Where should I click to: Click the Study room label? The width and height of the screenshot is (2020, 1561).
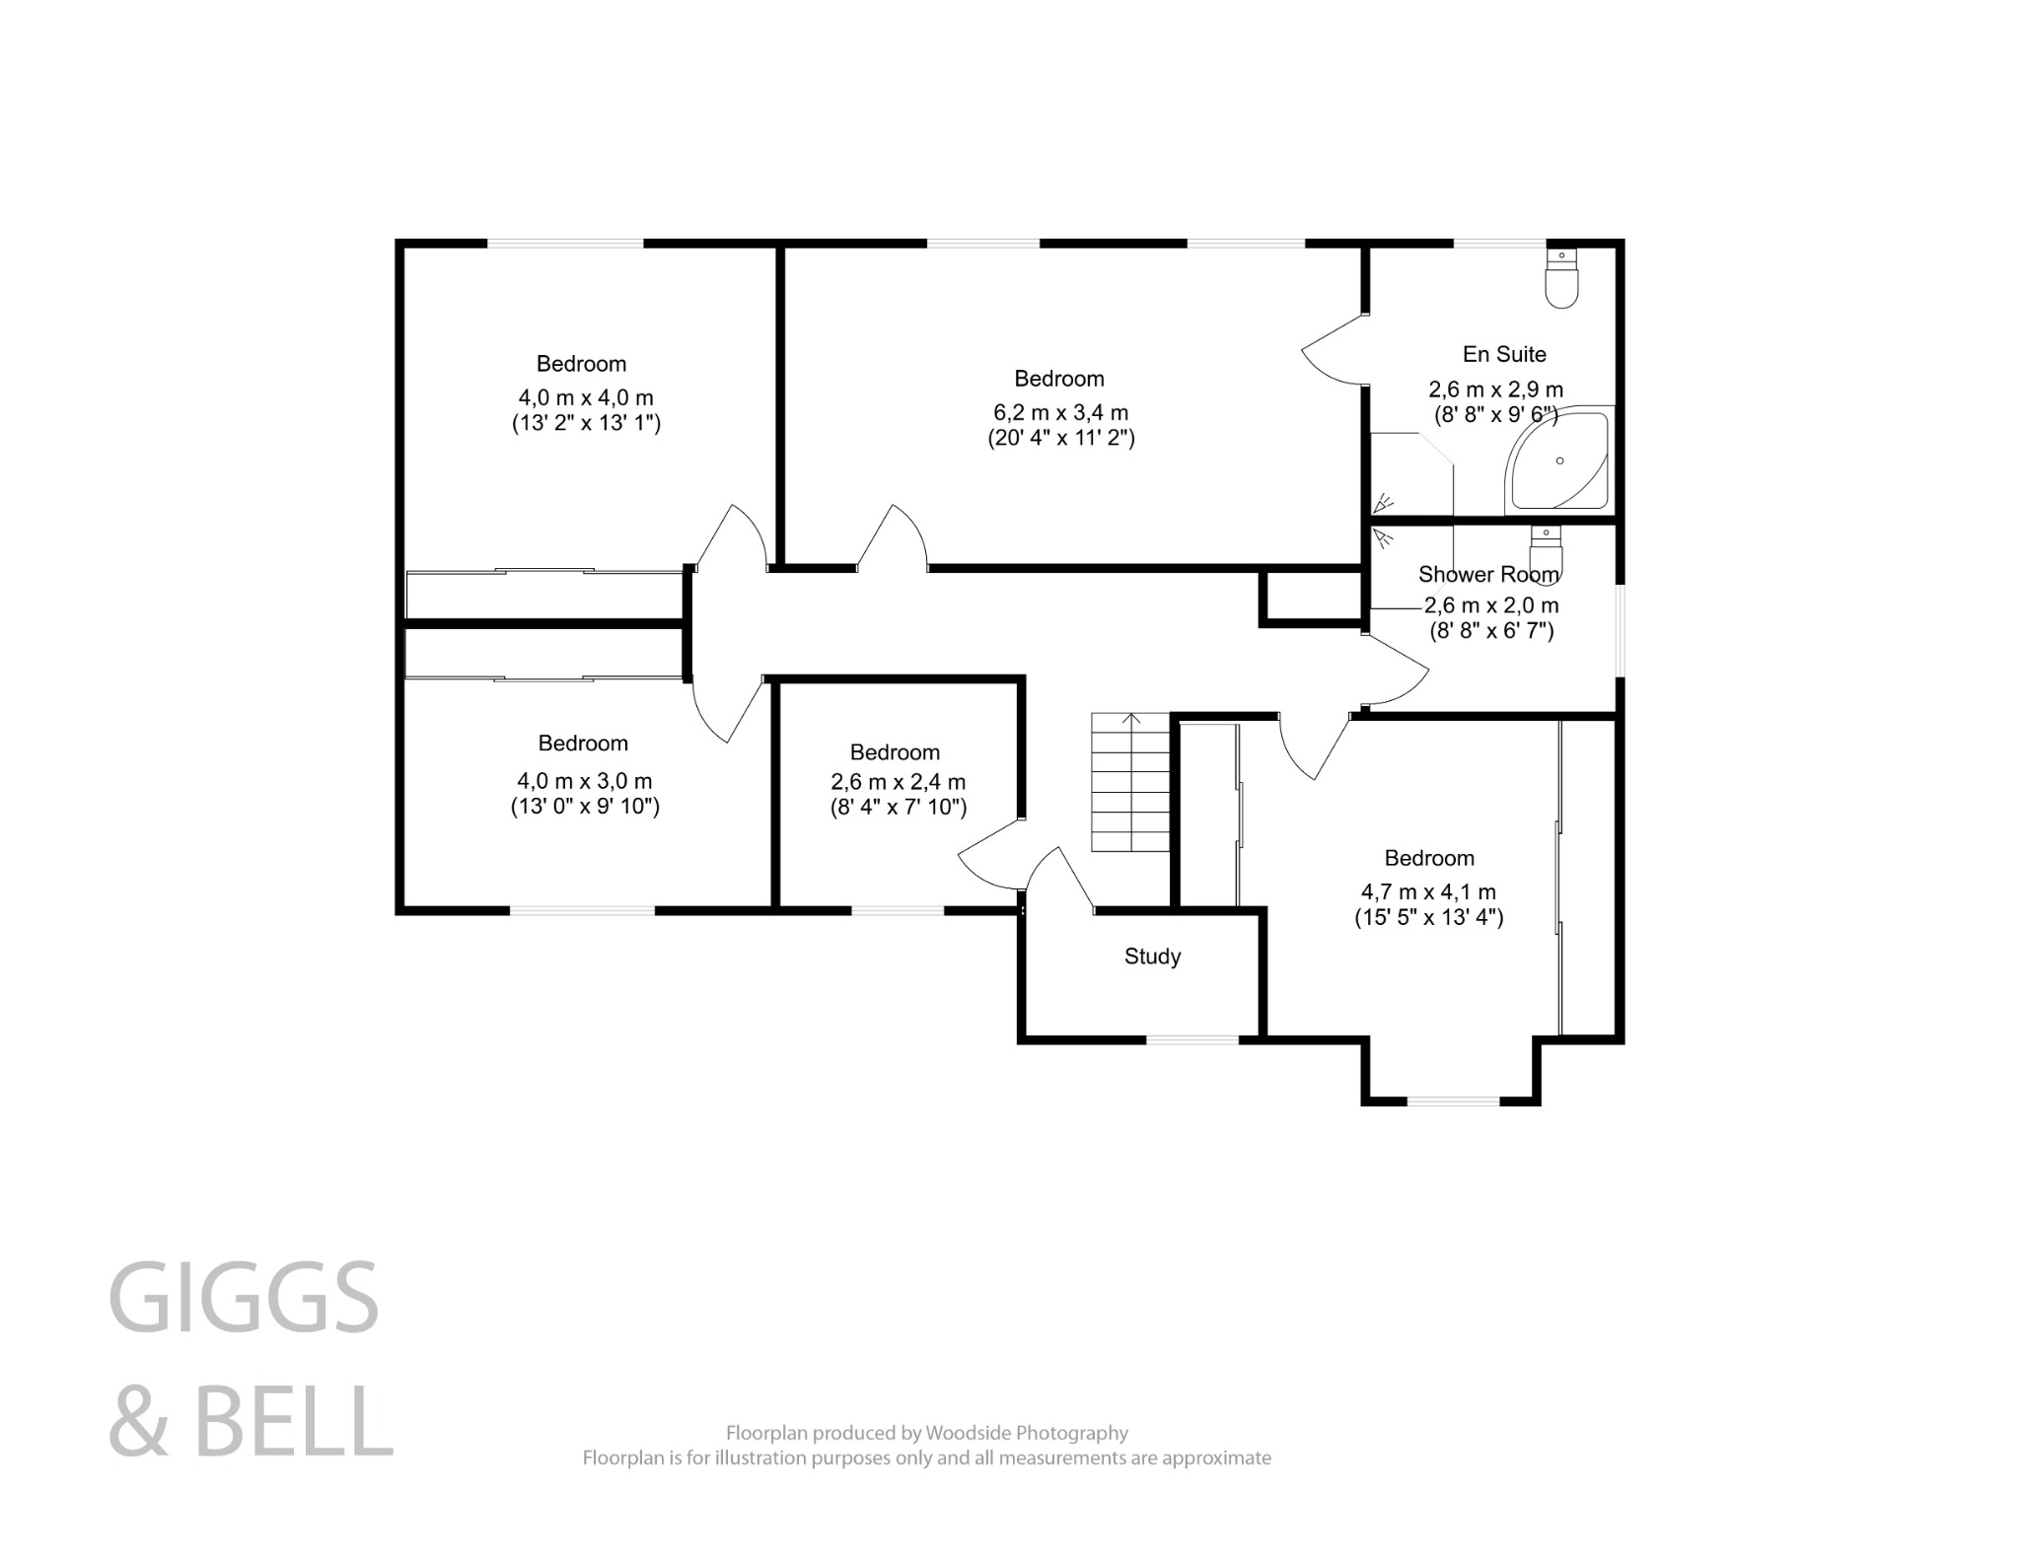click(x=1152, y=956)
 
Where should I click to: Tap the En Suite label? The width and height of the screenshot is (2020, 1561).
click(x=1503, y=354)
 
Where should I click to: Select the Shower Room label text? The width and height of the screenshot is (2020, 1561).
click(x=1488, y=574)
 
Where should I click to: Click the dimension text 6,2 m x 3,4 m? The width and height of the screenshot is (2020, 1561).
click(x=1060, y=413)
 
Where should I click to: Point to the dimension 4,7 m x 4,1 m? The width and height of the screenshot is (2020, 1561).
click(x=1428, y=892)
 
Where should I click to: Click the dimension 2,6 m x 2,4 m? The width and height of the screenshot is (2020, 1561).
click(x=898, y=782)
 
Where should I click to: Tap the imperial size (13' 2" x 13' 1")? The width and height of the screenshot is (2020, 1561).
click(x=586, y=423)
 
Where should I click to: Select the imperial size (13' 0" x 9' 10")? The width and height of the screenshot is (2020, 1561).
click(x=585, y=806)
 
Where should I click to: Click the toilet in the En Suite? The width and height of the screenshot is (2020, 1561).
click(x=1562, y=281)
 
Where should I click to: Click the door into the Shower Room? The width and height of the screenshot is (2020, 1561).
click(x=1396, y=671)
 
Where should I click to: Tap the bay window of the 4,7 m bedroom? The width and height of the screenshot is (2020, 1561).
click(x=1451, y=1100)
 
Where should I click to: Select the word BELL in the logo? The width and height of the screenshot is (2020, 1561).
click(x=293, y=1420)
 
